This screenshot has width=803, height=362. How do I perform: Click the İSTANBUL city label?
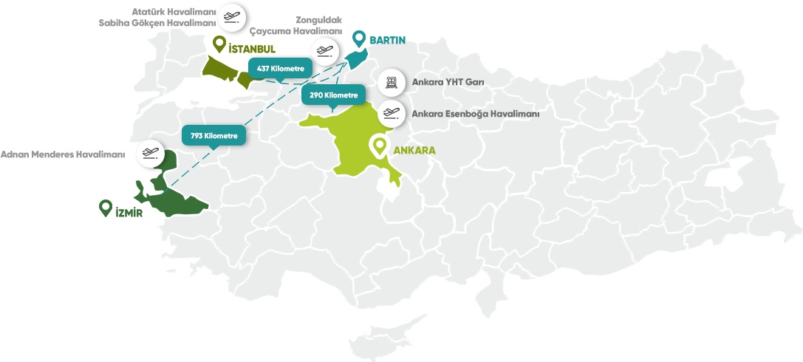(x=252, y=49)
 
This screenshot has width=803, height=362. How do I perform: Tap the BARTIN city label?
(x=389, y=40)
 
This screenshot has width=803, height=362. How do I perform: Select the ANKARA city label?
(x=414, y=150)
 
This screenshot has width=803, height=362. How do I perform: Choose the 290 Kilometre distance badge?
(x=334, y=95)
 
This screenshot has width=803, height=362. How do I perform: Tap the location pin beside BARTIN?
(x=359, y=38)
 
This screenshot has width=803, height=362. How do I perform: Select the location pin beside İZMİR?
(x=106, y=209)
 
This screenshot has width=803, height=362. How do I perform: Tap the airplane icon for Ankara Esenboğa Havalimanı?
(x=391, y=114)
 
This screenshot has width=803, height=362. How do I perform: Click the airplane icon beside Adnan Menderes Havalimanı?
(x=150, y=154)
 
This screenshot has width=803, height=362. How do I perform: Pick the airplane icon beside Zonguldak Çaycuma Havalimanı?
(x=324, y=51)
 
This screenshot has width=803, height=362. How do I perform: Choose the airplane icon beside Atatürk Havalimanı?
(x=232, y=16)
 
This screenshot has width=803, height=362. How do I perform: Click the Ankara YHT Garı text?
(x=448, y=83)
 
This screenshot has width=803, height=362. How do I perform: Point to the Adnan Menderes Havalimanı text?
(x=63, y=155)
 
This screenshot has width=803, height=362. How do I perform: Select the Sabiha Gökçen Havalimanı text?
(x=157, y=22)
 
